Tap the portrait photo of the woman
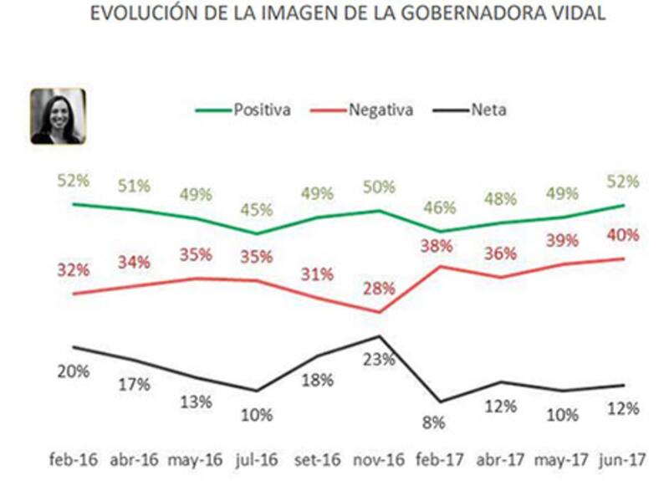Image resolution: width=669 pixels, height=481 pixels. [58, 116]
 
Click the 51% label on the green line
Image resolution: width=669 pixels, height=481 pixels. [133, 186]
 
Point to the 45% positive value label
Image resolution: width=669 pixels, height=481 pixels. [257, 213]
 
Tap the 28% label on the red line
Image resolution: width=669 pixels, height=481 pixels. [380, 289]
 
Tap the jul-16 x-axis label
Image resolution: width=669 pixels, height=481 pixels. [257, 461]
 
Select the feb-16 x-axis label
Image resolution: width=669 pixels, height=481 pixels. [74, 461]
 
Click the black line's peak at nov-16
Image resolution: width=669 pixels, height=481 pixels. [380, 336]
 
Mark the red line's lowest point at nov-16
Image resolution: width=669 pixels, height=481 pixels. [380, 312]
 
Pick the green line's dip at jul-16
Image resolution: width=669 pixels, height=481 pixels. [257, 233]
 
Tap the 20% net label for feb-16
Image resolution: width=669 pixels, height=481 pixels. [74, 372]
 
